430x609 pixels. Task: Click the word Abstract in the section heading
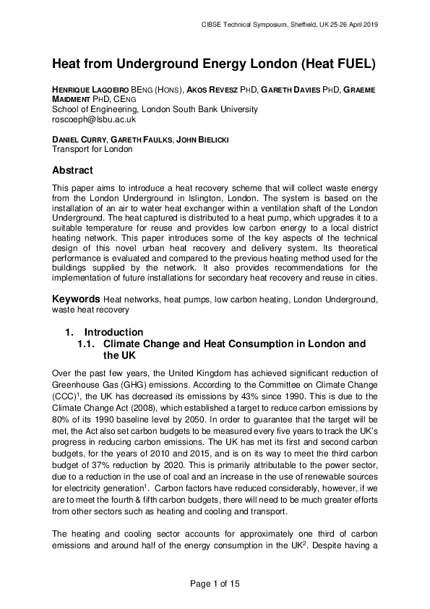click(x=72, y=171)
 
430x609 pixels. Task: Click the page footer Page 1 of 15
click(x=215, y=582)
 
